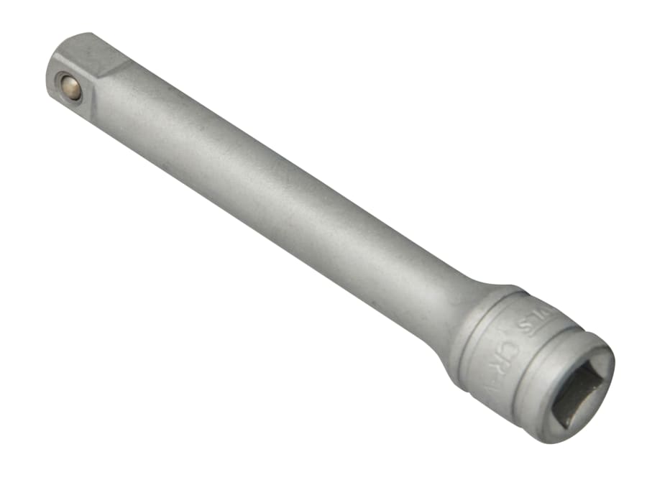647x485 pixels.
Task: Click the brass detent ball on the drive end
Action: click(x=70, y=87)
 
